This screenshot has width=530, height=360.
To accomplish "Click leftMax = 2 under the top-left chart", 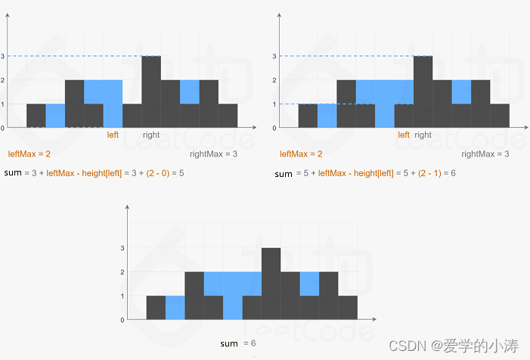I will tap(29, 154).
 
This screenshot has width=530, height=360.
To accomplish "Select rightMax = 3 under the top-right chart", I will tap(484, 154).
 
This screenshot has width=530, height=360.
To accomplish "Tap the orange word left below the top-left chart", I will tap(113, 135).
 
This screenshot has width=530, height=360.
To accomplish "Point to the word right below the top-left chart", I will tap(151, 135).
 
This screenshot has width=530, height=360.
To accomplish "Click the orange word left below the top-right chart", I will tap(404, 135).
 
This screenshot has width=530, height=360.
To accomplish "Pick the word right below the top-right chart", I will tap(423, 135).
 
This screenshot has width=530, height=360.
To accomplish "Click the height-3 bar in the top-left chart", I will tap(151, 91).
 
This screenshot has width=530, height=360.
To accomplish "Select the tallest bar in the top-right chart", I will tap(423, 91).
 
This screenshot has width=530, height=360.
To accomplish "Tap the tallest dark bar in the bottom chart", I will tap(271, 283).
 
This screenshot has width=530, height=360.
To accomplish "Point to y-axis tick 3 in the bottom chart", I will tap(122, 247).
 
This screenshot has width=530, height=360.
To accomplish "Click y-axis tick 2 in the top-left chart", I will tap(3, 79).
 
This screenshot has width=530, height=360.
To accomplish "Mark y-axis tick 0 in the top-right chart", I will tap(275, 128).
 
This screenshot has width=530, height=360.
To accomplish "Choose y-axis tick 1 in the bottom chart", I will tap(122, 296).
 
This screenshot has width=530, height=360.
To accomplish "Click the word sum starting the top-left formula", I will tap(13, 173).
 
